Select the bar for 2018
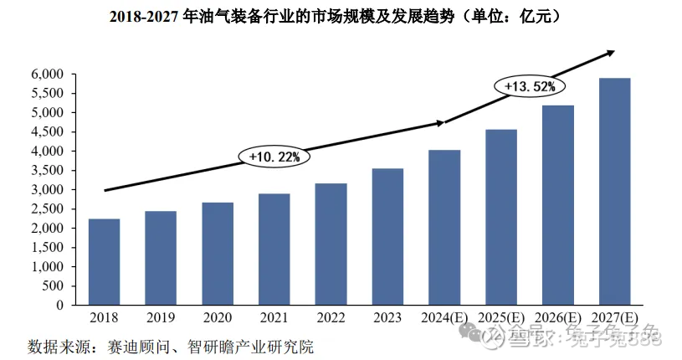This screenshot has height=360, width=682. (x=105, y=262)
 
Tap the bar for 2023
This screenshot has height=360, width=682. (x=387, y=237)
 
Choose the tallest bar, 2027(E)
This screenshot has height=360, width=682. (x=614, y=192)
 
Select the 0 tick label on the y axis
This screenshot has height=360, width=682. (x=60, y=306)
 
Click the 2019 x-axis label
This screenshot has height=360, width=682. (x=161, y=319)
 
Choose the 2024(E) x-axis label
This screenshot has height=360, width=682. (x=444, y=319)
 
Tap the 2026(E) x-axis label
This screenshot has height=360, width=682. (x=557, y=319)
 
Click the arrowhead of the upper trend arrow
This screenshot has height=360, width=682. (x=611, y=53)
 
